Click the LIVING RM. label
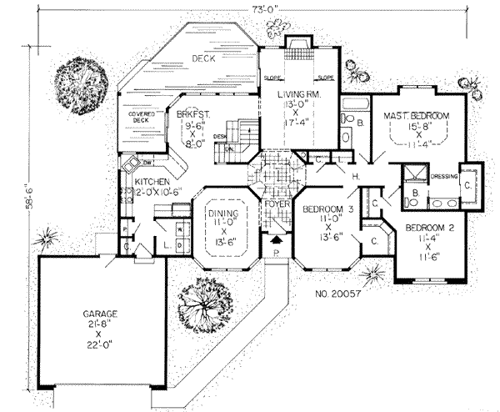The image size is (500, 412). coord(297,96)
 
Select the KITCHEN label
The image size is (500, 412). coord(152,181)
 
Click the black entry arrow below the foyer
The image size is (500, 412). coord(277,239)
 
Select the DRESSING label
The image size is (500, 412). coord(444,176)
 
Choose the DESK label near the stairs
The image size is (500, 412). coord(220,136)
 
